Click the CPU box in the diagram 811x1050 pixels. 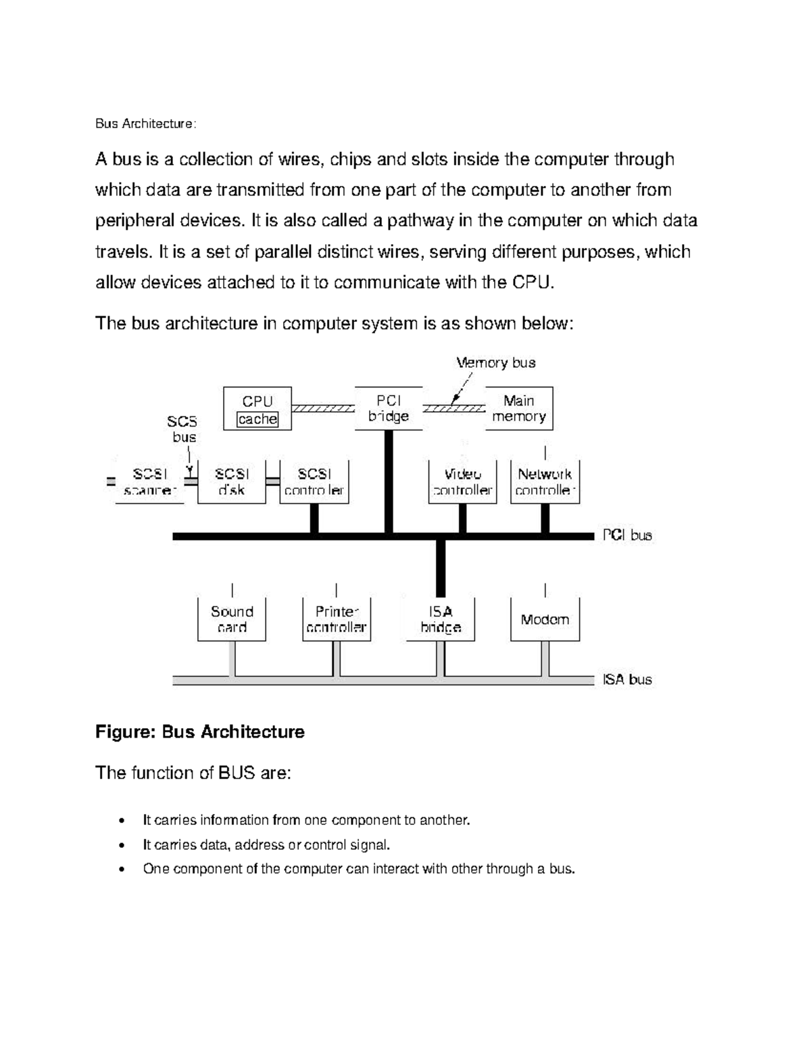coord(257,402)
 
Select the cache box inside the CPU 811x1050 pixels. coord(257,419)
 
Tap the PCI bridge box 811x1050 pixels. coord(389,408)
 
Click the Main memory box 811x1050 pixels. coord(519,408)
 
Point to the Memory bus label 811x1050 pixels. coord(496,363)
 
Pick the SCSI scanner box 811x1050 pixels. coord(150,482)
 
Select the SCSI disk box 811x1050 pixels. coord(232,482)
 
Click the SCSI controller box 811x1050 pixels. coord(314,482)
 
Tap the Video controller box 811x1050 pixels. coord(463,482)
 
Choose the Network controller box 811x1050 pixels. coord(545,482)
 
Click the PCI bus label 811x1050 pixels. coord(627,535)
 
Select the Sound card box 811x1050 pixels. coord(232,619)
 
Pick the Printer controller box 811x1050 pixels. coord(336,619)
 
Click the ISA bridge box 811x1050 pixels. coord(441,619)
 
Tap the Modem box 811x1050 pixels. coord(545,619)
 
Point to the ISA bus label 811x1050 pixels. coord(627,679)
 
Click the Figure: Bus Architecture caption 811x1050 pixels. coord(200,732)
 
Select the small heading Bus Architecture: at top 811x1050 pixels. coord(146,124)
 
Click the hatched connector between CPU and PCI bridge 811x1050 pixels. coord(323,408)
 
